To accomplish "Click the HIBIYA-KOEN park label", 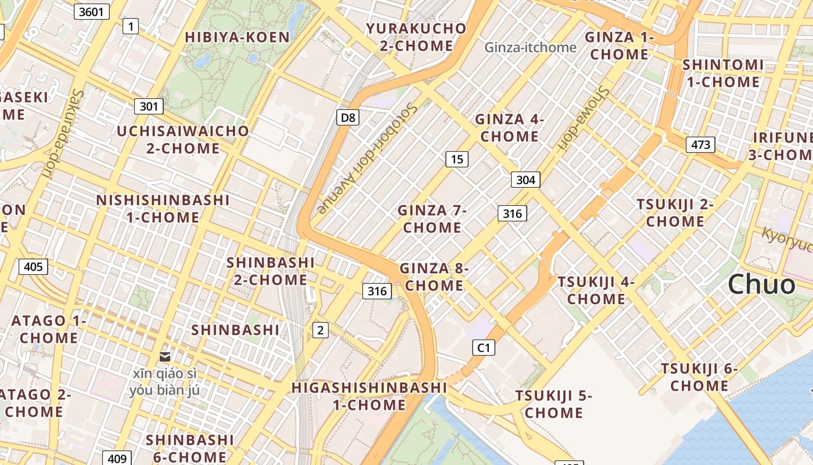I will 237,37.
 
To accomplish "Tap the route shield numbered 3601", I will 92,11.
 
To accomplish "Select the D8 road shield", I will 347,117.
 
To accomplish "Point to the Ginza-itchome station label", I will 531,47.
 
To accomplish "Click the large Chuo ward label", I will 761,284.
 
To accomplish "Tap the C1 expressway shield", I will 483,348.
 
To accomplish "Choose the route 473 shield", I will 700,144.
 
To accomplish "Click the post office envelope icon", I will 165,356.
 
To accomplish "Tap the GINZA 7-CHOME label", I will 433,219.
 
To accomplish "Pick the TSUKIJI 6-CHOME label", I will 699,377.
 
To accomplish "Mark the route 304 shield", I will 526,180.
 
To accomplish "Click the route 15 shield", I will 457,159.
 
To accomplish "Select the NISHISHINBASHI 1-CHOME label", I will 163,209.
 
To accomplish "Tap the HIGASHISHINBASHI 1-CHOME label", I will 369,396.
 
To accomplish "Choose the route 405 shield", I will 33,267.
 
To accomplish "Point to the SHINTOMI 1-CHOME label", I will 723,73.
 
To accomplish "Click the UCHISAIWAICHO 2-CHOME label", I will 183,139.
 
